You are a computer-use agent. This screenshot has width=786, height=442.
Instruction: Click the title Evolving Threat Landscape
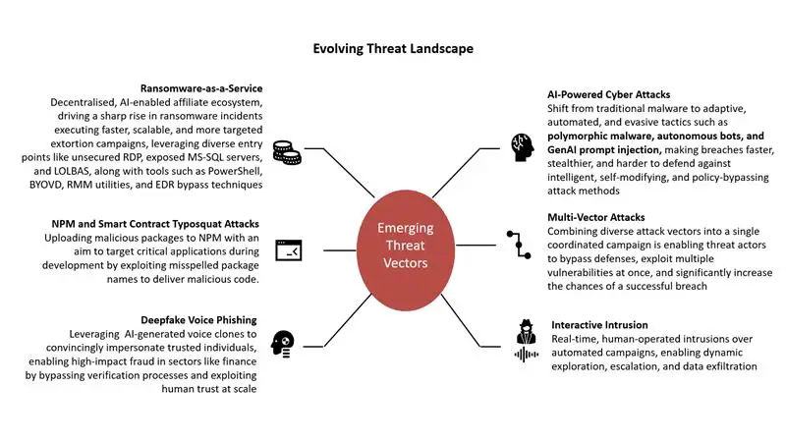click(393, 48)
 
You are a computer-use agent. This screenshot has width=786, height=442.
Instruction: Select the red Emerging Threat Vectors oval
click(406, 250)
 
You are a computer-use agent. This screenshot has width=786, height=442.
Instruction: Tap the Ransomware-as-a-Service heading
click(201, 88)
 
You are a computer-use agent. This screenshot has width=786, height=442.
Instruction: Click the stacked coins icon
click(287, 152)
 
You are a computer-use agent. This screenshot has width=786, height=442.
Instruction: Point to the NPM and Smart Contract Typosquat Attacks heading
click(155, 224)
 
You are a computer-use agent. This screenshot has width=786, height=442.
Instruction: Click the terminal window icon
click(289, 250)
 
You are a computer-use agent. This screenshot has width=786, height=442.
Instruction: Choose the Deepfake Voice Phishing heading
click(198, 320)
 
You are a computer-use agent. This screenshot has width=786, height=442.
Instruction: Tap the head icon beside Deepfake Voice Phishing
click(283, 344)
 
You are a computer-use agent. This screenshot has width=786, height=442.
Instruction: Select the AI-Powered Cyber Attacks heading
click(608, 94)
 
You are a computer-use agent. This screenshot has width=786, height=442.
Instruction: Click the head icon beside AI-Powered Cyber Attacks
click(523, 147)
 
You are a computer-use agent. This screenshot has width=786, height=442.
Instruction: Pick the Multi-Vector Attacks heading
click(596, 217)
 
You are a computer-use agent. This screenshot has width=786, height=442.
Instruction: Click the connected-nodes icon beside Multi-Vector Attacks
click(519, 245)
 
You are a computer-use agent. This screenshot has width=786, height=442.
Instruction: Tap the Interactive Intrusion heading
click(599, 325)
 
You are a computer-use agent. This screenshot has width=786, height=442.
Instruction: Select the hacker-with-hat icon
click(526, 331)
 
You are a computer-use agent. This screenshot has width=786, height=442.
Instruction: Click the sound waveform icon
click(527, 355)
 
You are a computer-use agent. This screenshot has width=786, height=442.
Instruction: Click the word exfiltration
click(731, 366)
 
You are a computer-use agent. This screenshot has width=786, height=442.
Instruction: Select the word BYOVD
click(45, 185)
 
